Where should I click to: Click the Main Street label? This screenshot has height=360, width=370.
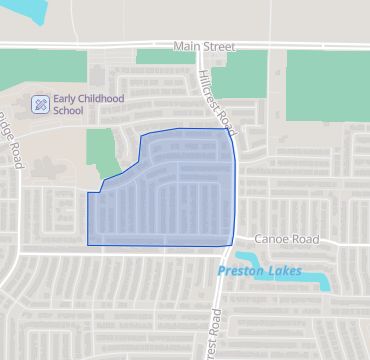click(x=204, y=46)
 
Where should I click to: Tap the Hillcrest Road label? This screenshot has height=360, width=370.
click(x=217, y=98)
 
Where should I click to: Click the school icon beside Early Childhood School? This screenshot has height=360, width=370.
click(x=40, y=103)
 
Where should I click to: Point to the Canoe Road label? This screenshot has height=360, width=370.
click(x=286, y=240)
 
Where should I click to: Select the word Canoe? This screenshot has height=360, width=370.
click(x=270, y=240)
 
